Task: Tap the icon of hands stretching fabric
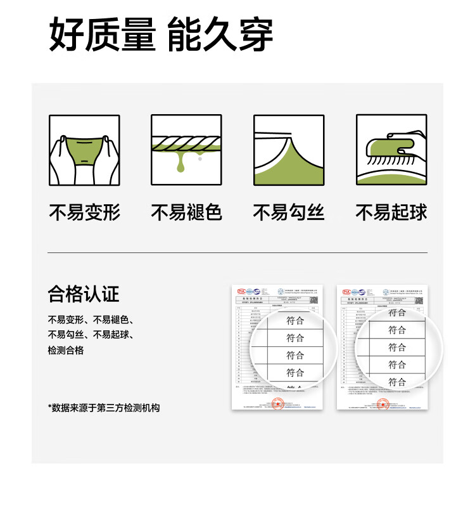pyautogui.click(x=84, y=150)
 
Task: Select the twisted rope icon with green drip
pyautogui.click(x=186, y=150)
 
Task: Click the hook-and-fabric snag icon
pyautogui.click(x=289, y=150)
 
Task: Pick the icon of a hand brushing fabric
pyautogui.click(x=391, y=150)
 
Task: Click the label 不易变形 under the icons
pyautogui.click(x=84, y=213)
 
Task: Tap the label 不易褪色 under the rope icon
pyautogui.click(x=186, y=213)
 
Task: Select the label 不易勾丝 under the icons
pyautogui.click(x=289, y=213)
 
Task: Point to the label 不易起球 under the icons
pyautogui.click(x=391, y=213)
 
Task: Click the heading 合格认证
pyautogui.click(x=84, y=294)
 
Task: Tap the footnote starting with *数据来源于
pyautogui.click(x=104, y=408)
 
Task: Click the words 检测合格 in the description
pyautogui.click(x=66, y=350)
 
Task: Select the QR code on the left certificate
pyautogui.click(x=313, y=300)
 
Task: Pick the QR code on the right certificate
pyautogui.click(x=419, y=300)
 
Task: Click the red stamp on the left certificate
pyautogui.click(x=277, y=403)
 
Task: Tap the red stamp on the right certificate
pyautogui.click(x=383, y=403)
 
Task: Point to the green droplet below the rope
pyautogui.click(x=182, y=166)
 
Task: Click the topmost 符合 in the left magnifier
pyautogui.click(x=295, y=321)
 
